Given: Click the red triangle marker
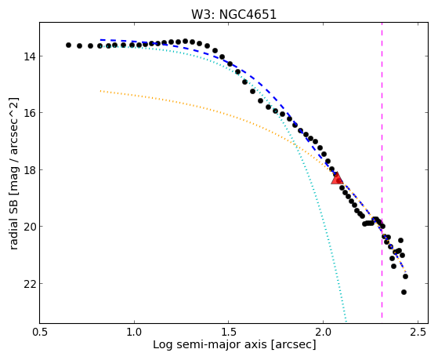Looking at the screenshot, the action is pyautogui.click(x=337, y=179).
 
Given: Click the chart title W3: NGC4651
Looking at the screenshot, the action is pyautogui.click(x=233, y=15).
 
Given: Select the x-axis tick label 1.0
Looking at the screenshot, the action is pyautogui.click(x=134, y=332).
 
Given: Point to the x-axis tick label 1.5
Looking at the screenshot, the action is pyautogui.click(x=229, y=332).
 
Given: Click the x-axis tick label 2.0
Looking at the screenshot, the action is pyautogui.click(x=323, y=332).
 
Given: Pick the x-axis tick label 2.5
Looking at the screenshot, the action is pyautogui.click(x=418, y=332).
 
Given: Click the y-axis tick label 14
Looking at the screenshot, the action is pyautogui.click(x=30, y=56).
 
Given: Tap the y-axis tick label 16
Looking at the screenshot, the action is pyautogui.click(x=30, y=113).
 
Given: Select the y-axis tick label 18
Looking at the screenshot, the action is pyautogui.click(x=30, y=169).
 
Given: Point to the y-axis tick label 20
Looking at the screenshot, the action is pyautogui.click(x=30, y=227).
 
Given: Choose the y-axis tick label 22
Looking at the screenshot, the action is pyautogui.click(x=30, y=283).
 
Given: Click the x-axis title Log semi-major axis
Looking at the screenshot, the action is pyautogui.click(x=209, y=344).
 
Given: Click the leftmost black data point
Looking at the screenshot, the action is pyautogui.click(x=68, y=45).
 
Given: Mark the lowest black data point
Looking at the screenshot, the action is pyautogui.click(x=404, y=292).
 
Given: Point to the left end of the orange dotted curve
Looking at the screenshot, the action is pyautogui.click(x=100, y=91).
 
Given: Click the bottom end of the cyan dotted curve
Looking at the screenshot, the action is pyautogui.click(x=346, y=322).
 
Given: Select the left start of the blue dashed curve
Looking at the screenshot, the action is pyautogui.click(x=100, y=40).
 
